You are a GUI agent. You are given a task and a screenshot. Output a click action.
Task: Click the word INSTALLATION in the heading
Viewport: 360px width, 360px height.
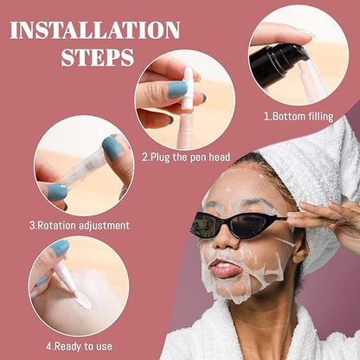(x=95, y=30)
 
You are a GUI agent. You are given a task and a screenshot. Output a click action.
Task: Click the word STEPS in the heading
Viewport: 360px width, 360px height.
(x=98, y=57)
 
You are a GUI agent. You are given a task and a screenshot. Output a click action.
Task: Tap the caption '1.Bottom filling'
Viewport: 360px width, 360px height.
(x=299, y=116)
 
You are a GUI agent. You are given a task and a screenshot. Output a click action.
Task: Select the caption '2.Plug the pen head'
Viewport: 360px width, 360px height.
(x=186, y=157)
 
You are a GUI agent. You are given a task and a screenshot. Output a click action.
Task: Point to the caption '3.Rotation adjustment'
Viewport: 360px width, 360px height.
(x=80, y=225)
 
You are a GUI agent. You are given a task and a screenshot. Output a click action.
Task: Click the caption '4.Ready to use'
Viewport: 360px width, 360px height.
(x=79, y=346)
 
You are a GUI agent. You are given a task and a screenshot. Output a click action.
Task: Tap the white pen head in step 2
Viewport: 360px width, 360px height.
(x=188, y=88)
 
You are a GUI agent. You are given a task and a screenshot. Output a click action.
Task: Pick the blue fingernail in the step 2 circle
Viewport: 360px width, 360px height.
(x=177, y=89)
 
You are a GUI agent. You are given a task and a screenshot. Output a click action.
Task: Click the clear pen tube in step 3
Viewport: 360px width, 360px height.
(x=83, y=168)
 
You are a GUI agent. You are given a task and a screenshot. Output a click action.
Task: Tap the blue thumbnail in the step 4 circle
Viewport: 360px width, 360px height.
(x=60, y=247)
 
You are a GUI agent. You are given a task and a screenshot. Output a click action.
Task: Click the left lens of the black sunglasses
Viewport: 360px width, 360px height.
(x=204, y=224)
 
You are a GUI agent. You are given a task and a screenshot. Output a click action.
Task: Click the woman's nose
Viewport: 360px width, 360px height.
(x=227, y=239)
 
